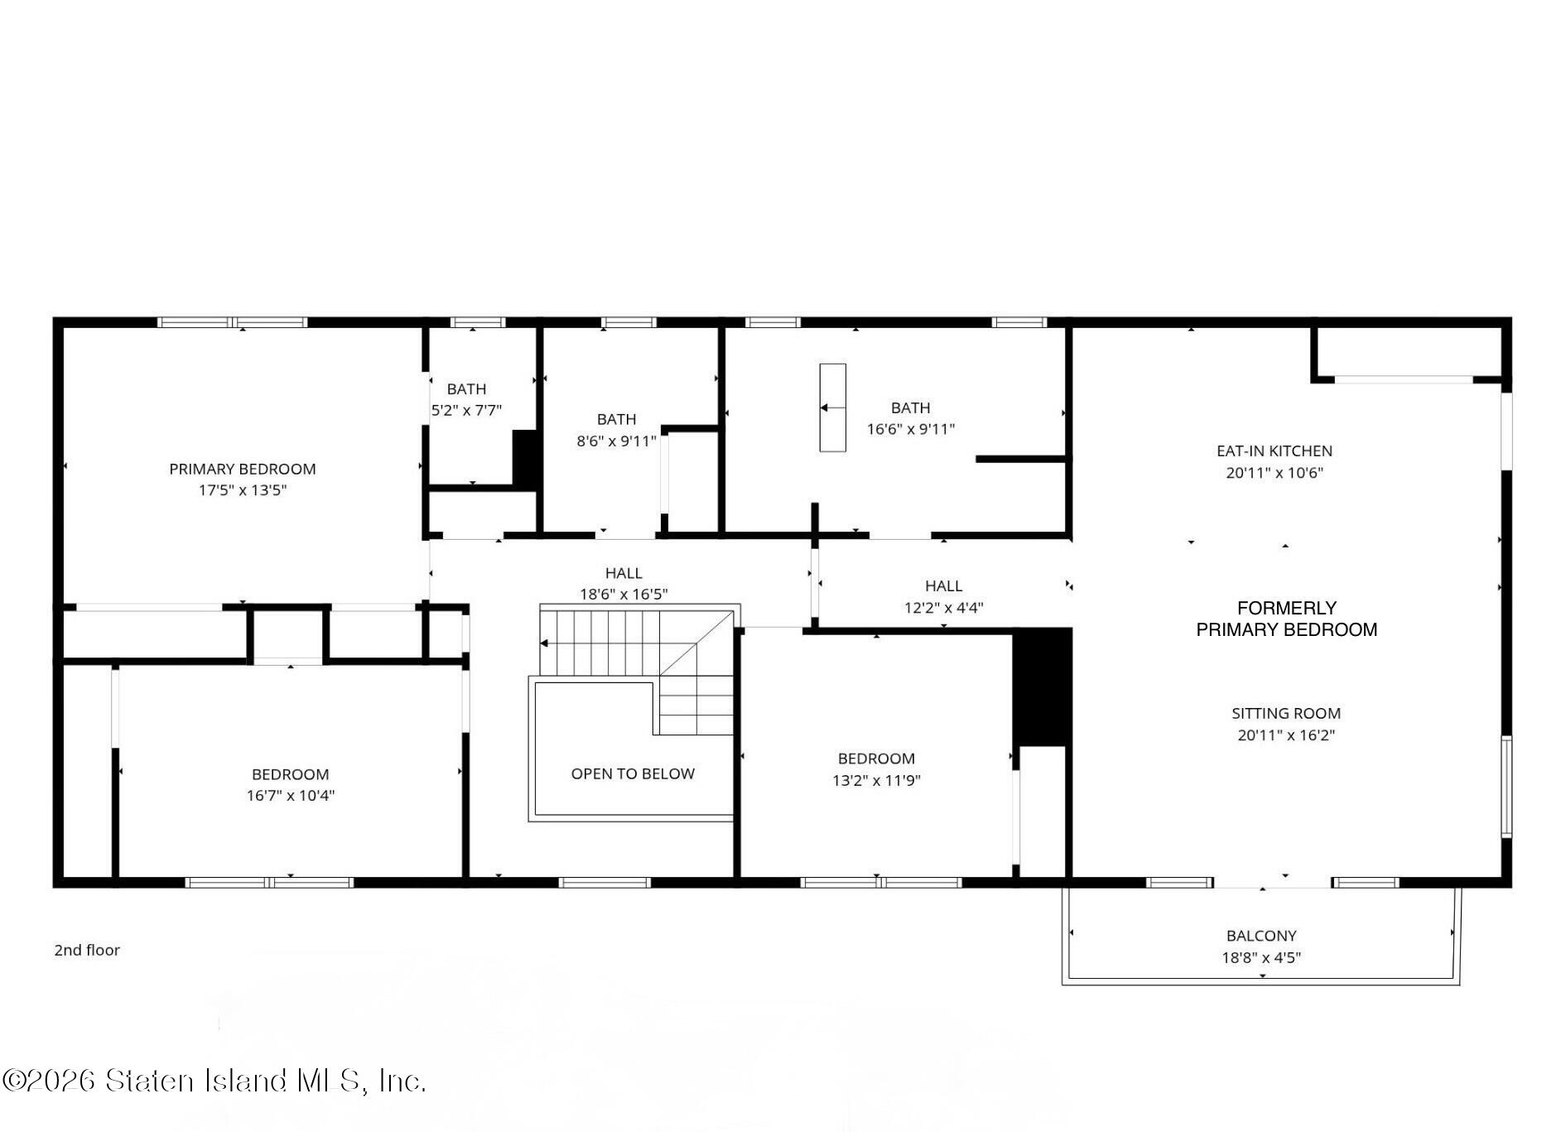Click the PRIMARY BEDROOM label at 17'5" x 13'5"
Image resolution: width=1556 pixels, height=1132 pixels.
(242, 469)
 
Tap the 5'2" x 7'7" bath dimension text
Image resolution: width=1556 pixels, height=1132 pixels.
(466, 410)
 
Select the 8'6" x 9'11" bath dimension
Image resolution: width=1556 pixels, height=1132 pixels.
(616, 441)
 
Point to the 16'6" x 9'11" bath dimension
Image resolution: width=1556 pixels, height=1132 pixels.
(910, 429)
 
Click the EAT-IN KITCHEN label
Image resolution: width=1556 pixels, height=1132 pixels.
(1274, 450)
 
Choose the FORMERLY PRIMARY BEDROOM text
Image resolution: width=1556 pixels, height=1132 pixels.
(1287, 619)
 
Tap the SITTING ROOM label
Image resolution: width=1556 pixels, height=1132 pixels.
(1286, 713)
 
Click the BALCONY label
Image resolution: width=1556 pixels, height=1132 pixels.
(1261, 936)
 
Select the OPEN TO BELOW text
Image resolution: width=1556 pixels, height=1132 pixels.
(633, 773)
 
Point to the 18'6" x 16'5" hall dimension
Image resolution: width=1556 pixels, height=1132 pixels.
(624, 594)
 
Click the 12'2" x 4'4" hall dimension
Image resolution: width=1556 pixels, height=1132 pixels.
(943, 607)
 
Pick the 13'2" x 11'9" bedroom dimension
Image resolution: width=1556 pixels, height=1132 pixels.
(876, 780)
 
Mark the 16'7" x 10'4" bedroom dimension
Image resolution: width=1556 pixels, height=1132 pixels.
(290, 796)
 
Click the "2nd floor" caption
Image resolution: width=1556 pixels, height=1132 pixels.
(87, 950)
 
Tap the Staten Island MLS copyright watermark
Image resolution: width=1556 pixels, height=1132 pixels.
(214, 1081)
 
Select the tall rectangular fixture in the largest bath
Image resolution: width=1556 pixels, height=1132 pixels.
(832, 407)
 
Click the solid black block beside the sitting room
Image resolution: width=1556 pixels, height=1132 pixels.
(1042, 686)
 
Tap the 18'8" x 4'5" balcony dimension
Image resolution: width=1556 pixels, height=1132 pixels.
(1261, 957)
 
